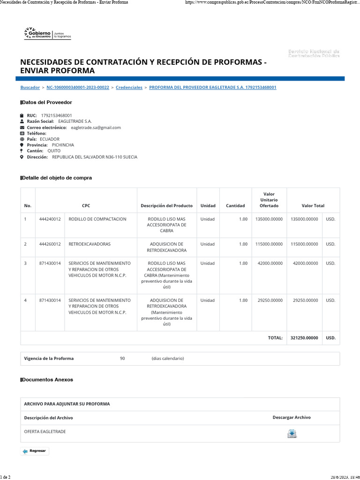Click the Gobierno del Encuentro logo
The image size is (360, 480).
pos(46,33)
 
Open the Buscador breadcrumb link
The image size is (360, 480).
pos(30,88)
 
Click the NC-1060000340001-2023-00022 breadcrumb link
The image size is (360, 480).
pos(78,88)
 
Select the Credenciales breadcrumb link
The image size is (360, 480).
pos(129,88)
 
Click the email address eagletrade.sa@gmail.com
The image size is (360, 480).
pos(96,127)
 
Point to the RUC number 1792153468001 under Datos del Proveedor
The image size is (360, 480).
pos(57,115)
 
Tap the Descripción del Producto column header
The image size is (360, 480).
pos(166,206)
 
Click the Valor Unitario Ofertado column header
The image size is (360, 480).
pos(269,200)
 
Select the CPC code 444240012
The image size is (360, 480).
pos(50,219)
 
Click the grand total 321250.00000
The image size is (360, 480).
pos(304,337)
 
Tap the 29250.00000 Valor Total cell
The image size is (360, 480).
pos(305,300)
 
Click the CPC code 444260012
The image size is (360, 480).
pos(50,244)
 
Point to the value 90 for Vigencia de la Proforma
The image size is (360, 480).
pos(122,359)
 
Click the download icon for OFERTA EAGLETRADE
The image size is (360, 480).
pos(292,434)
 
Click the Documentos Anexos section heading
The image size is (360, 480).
pos(47,380)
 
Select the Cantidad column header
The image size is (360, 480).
pos(235,206)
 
